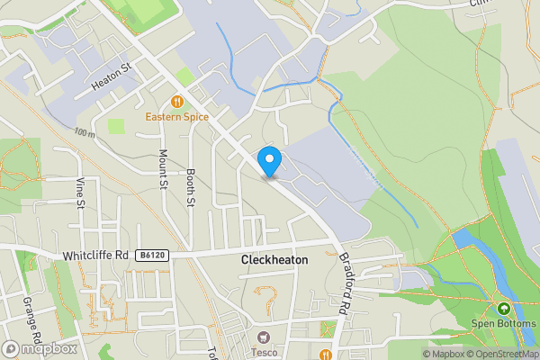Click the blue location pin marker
click(269, 161)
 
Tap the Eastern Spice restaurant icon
click(177, 102)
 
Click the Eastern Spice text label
click(178, 117)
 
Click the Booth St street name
click(191, 186)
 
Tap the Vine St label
click(79, 192)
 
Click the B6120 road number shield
click(152, 256)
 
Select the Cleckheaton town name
click(274, 259)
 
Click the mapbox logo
click(40, 348)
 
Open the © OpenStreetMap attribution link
click(504, 354)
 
